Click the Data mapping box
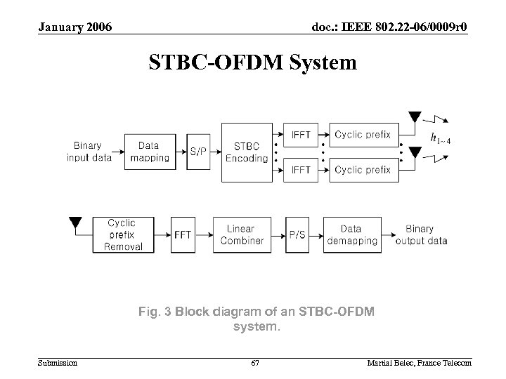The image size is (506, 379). pyautogui.click(x=148, y=152)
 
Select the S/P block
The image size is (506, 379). pyautogui.click(x=199, y=152)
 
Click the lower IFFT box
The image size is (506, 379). pyautogui.click(x=301, y=170)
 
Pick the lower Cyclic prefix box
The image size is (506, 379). pyautogui.click(x=362, y=170)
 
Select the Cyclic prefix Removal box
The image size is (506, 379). pyautogui.click(x=122, y=234)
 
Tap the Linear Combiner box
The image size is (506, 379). pyautogui.click(x=241, y=234)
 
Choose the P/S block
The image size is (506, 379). pyautogui.click(x=297, y=234)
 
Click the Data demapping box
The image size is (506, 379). pyautogui.click(x=351, y=234)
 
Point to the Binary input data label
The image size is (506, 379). pyautogui.click(x=89, y=152)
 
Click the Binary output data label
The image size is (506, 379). pyautogui.click(x=420, y=234)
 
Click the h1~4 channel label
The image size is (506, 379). pyautogui.click(x=440, y=138)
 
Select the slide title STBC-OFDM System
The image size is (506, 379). pyautogui.click(x=252, y=63)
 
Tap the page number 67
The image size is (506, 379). pyautogui.click(x=255, y=362)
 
